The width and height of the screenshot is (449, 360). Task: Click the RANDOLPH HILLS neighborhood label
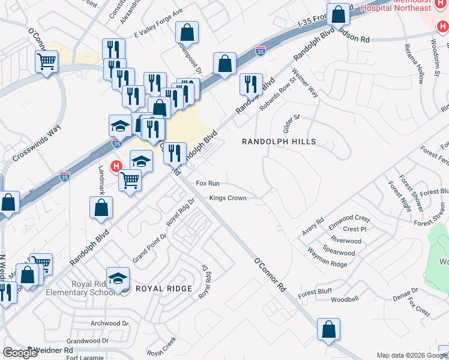point(279,142)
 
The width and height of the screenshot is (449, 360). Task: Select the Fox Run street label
point(208,183)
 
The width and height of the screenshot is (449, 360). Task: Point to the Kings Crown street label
point(228,198)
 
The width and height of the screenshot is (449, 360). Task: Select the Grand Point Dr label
point(149,248)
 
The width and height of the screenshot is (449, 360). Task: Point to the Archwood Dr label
point(109,323)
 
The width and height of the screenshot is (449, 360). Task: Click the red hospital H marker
point(118,165)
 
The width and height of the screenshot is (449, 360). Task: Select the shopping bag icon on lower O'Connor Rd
point(328,329)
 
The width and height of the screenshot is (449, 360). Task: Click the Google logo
point(20,353)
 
